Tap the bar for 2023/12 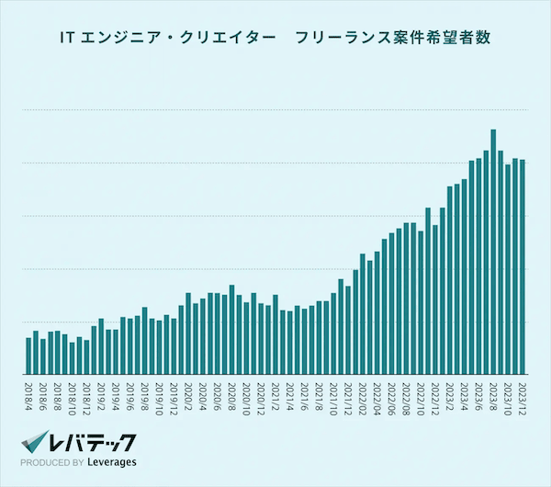coord(523,266)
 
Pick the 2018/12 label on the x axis coord(86,398)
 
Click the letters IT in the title coord(65,39)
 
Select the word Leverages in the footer coord(112,462)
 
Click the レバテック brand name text coord(95,440)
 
